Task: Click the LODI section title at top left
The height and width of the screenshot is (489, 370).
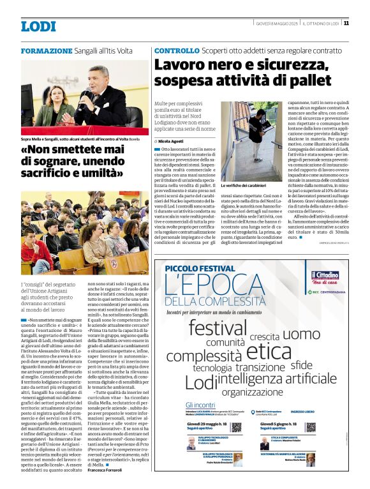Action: pyautogui.click(x=38, y=26)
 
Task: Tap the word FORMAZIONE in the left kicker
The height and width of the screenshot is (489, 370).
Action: pyautogui.click(x=47, y=50)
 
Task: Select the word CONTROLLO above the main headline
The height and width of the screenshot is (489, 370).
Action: pyautogui.click(x=177, y=50)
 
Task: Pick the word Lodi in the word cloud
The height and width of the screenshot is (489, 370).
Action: pyautogui.click(x=200, y=383)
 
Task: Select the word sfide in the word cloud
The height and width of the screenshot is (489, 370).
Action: pyautogui.click(x=300, y=365)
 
